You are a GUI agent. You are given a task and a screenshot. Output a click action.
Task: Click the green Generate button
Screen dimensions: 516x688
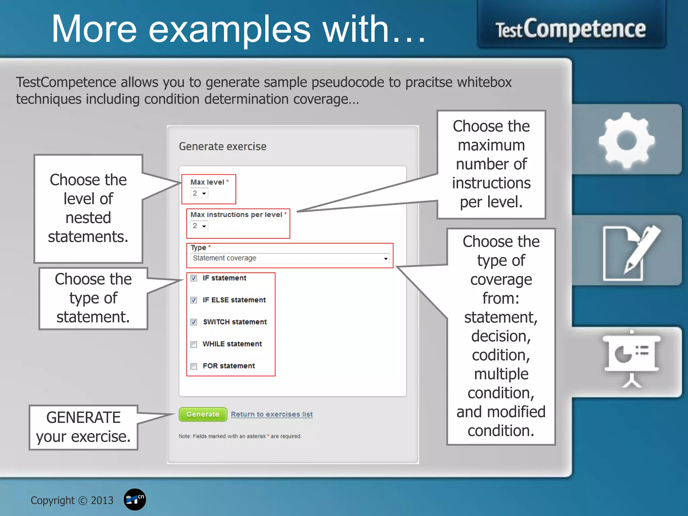(x=203, y=414)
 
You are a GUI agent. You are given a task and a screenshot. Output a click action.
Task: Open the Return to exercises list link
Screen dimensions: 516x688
(x=271, y=414)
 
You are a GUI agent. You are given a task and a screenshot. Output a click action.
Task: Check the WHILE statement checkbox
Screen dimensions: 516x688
(x=194, y=344)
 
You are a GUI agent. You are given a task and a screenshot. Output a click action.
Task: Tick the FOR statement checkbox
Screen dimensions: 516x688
(x=194, y=366)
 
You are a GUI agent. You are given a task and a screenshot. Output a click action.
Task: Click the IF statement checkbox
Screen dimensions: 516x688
(x=194, y=278)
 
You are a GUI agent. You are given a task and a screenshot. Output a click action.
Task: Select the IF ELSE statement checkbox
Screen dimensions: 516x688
(x=194, y=300)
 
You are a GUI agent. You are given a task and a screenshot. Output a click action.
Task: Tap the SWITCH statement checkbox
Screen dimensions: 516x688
(x=194, y=322)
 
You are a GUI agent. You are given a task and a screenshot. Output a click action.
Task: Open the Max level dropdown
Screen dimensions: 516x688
(x=199, y=193)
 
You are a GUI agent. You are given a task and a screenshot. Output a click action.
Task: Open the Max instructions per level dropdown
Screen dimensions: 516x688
(x=199, y=226)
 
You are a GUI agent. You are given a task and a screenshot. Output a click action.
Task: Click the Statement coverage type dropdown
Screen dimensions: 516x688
(x=290, y=258)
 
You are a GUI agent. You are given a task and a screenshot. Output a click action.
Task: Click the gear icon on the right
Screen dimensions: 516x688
(x=627, y=140)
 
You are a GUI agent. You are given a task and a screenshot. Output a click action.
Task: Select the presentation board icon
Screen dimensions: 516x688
(x=632, y=358)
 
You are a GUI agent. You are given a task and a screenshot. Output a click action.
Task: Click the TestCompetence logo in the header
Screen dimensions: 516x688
(x=571, y=30)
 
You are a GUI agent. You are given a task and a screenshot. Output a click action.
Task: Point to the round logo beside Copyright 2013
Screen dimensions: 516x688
(x=135, y=500)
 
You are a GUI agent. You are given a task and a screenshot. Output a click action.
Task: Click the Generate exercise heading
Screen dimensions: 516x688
(x=222, y=146)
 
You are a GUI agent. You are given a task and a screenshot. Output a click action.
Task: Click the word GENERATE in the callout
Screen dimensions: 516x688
(x=83, y=418)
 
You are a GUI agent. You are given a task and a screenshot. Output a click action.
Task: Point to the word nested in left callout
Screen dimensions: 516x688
(x=88, y=218)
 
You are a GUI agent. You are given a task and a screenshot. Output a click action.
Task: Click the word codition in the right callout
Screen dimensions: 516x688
(x=501, y=355)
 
